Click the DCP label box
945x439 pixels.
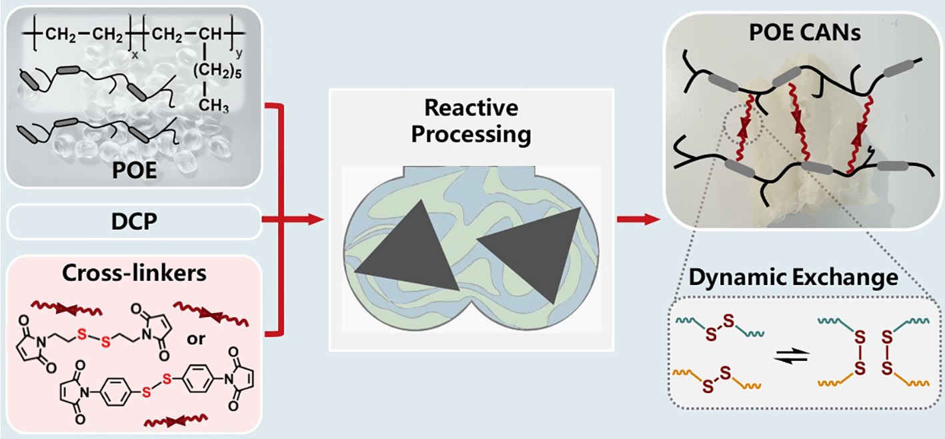[x=133, y=221]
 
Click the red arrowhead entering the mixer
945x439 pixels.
[x=315, y=221]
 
